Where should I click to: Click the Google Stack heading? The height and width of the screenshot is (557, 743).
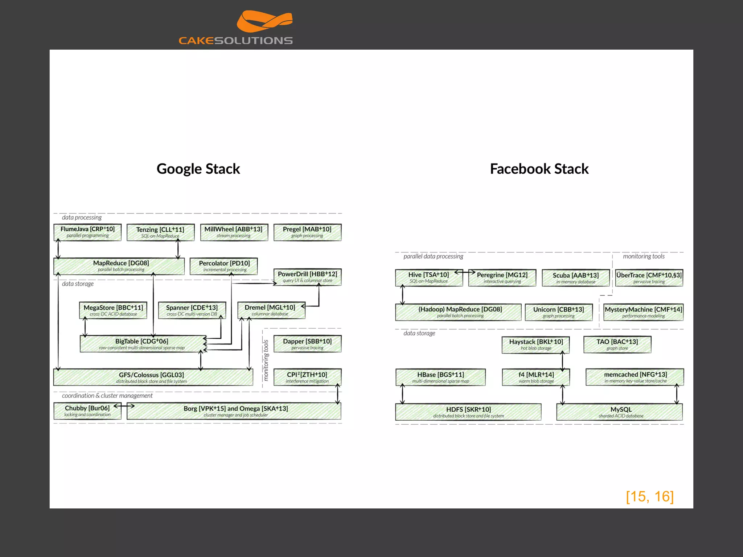[x=198, y=169]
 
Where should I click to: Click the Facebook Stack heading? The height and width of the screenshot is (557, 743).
[x=539, y=169]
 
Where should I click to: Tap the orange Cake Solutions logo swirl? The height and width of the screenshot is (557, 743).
[x=264, y=22]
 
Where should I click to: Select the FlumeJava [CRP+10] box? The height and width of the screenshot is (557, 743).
[x=87, y=232]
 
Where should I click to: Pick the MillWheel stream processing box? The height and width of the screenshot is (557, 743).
[x=234, y=232]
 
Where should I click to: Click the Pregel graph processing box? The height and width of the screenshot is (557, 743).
[x=307, y=232]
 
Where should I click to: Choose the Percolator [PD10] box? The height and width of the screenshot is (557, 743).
[x=224, y=266]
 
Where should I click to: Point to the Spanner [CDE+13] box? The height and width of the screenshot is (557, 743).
[x=192, y=310]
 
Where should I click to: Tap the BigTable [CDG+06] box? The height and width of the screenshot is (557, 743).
[x=143, y=344]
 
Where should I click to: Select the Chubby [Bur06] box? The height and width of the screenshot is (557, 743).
[x=87, y=411]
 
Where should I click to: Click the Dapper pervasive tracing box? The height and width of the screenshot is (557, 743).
[x=307, y=344]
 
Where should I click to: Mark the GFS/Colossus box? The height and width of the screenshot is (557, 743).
[x=152, y=377]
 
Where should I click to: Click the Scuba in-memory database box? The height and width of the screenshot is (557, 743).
[x=575, y=278]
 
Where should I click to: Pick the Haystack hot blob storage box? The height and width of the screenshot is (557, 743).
[x=535, y=344]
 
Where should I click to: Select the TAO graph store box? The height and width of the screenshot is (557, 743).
[x=617, y=344]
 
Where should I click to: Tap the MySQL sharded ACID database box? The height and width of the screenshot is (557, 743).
[x=620, y=412]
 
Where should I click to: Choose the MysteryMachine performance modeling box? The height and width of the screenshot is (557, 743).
[x=643, y=312]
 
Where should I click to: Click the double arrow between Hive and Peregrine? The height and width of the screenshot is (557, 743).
[x=465, y=272]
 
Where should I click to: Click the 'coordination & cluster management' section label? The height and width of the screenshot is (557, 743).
[x=107, y=396]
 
